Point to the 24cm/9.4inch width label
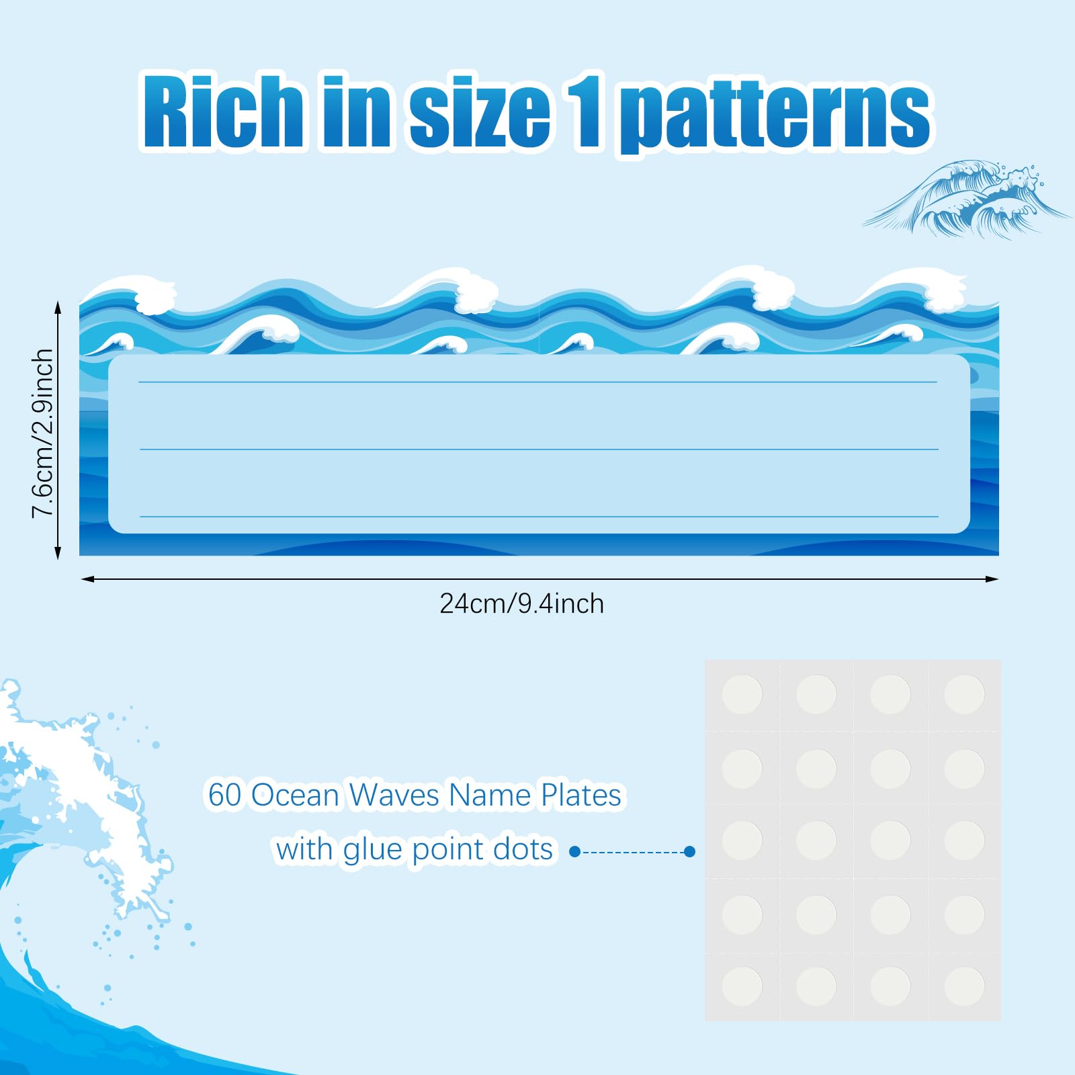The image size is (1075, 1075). pos(521,604)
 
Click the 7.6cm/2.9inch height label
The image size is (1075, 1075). pos(42,433)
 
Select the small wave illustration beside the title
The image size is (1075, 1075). pos(965,198)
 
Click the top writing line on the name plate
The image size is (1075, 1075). pos(537,382)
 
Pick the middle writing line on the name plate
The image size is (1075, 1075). pos(537,449)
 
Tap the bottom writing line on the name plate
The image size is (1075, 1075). pos(537,516)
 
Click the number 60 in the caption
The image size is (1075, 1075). pos(224,795)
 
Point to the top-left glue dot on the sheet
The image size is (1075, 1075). pos(742,694)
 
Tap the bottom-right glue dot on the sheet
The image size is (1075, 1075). pos(964,986)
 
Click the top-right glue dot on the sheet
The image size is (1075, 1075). pos(964,694)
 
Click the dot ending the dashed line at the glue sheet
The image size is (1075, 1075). pos(689,851)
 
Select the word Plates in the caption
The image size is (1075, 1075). pos(581,795)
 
